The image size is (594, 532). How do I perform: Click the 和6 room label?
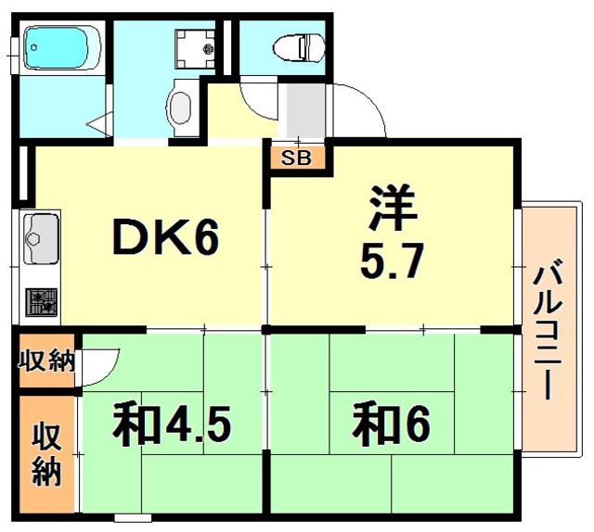tap(393, 425)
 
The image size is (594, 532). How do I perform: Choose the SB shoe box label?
tap(297, 158)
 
